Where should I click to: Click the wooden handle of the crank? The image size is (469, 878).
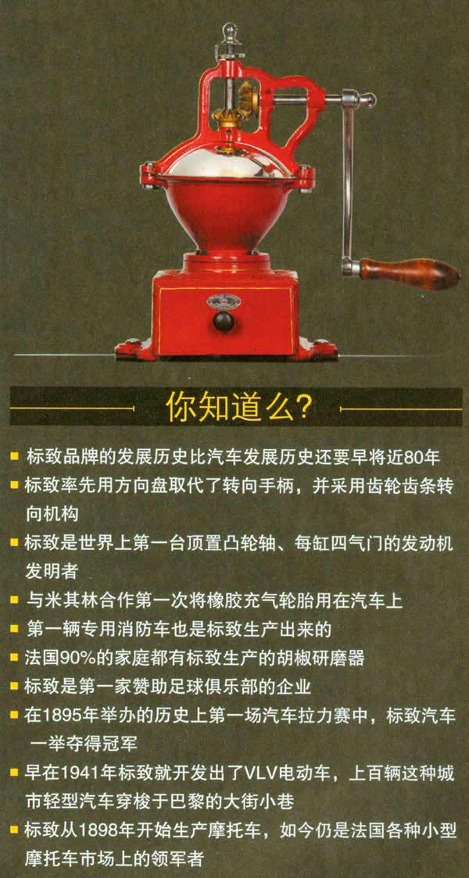[x=408, y=273]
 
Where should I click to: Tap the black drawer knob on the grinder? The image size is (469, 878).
[x=223, y=321]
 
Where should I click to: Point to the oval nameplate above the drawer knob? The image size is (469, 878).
[x=223, y=302]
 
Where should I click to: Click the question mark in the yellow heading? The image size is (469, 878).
[x=302, y=409]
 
